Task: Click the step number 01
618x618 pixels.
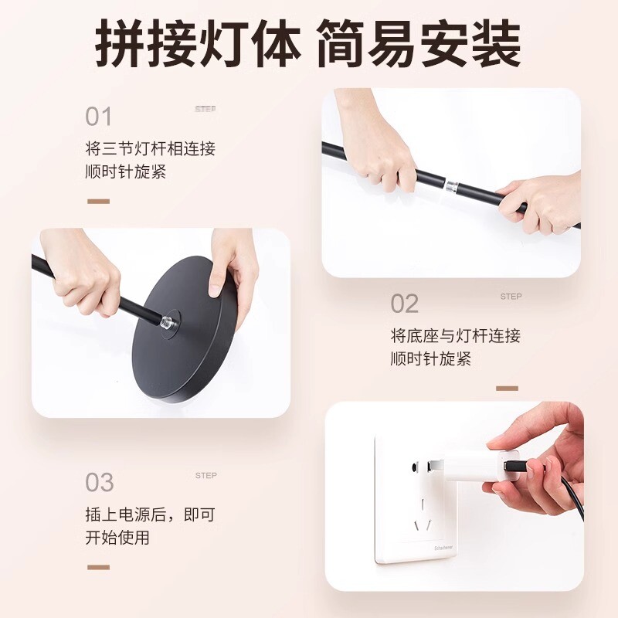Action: (99, 117)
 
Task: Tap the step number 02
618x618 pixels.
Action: (404, 304)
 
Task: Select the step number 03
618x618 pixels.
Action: (100, 482)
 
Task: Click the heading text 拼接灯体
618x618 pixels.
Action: (198, 43)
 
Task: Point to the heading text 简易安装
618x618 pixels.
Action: (419, 43)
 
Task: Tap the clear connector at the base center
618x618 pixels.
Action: (168, 320)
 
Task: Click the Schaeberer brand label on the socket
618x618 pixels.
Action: (443, 548)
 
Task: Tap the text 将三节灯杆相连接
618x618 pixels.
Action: (151, 149)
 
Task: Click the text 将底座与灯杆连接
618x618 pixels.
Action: (456, 336)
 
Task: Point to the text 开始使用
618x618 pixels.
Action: (117, 538)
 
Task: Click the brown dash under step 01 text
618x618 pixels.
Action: (99, 202)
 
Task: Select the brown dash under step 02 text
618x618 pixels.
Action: (507, 389)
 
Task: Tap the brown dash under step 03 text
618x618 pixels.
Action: (99, 568)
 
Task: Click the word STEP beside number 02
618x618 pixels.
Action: (511, 297)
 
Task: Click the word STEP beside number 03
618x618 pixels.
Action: (205, 476)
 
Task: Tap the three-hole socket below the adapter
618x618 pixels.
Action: (423, 515)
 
